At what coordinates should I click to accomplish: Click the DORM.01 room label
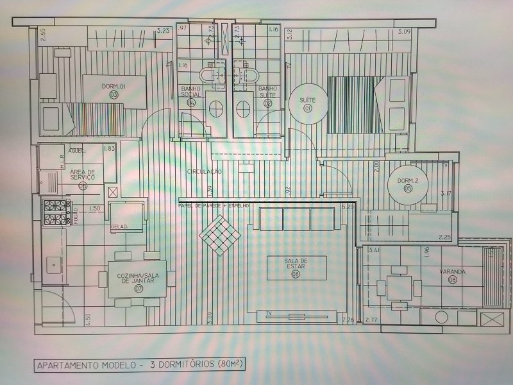tap(114, 86)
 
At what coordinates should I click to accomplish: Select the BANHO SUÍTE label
tap(267, 92)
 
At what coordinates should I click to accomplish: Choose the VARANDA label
tap(453, 271)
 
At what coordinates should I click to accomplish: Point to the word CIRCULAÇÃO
tap(205, 172)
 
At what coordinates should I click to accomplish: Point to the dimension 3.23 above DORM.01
tap(163, 31)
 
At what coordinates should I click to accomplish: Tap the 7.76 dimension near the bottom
tap(349, 319)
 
